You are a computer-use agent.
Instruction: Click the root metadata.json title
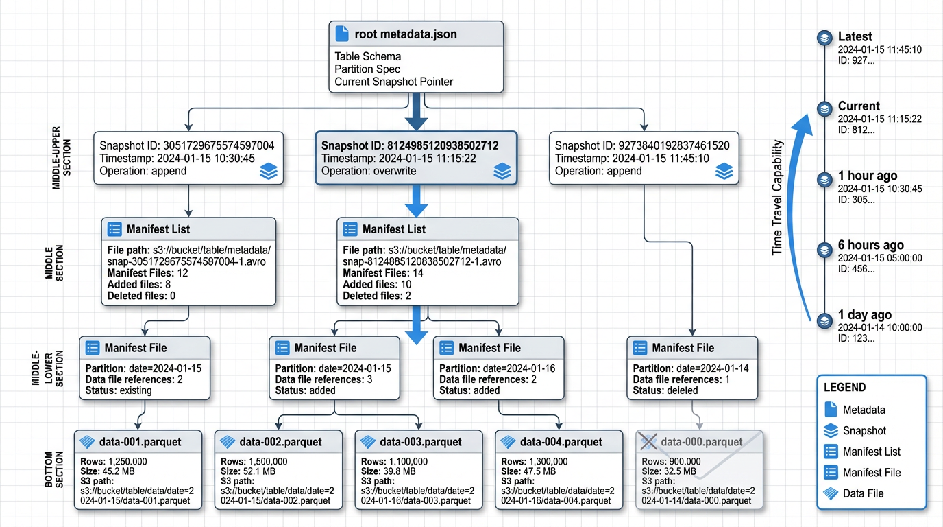point(405,34)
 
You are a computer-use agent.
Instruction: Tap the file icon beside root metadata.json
point(341,34)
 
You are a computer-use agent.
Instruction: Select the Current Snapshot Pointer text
point(393,82)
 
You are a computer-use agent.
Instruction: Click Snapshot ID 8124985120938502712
point(409,146)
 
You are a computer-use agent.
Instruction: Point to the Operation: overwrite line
point(369,171)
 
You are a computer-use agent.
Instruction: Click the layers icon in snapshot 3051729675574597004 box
point(269,172)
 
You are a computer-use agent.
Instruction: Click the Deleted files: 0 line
point(141,296)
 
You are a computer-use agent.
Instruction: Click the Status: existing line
point(119,390)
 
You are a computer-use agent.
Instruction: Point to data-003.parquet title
point(420,441)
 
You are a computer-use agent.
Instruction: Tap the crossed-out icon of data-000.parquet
point(648,442)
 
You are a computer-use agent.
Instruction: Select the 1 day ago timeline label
point(864,315)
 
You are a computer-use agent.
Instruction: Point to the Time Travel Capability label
point(777,198)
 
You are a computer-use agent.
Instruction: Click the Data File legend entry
point(863,493)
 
